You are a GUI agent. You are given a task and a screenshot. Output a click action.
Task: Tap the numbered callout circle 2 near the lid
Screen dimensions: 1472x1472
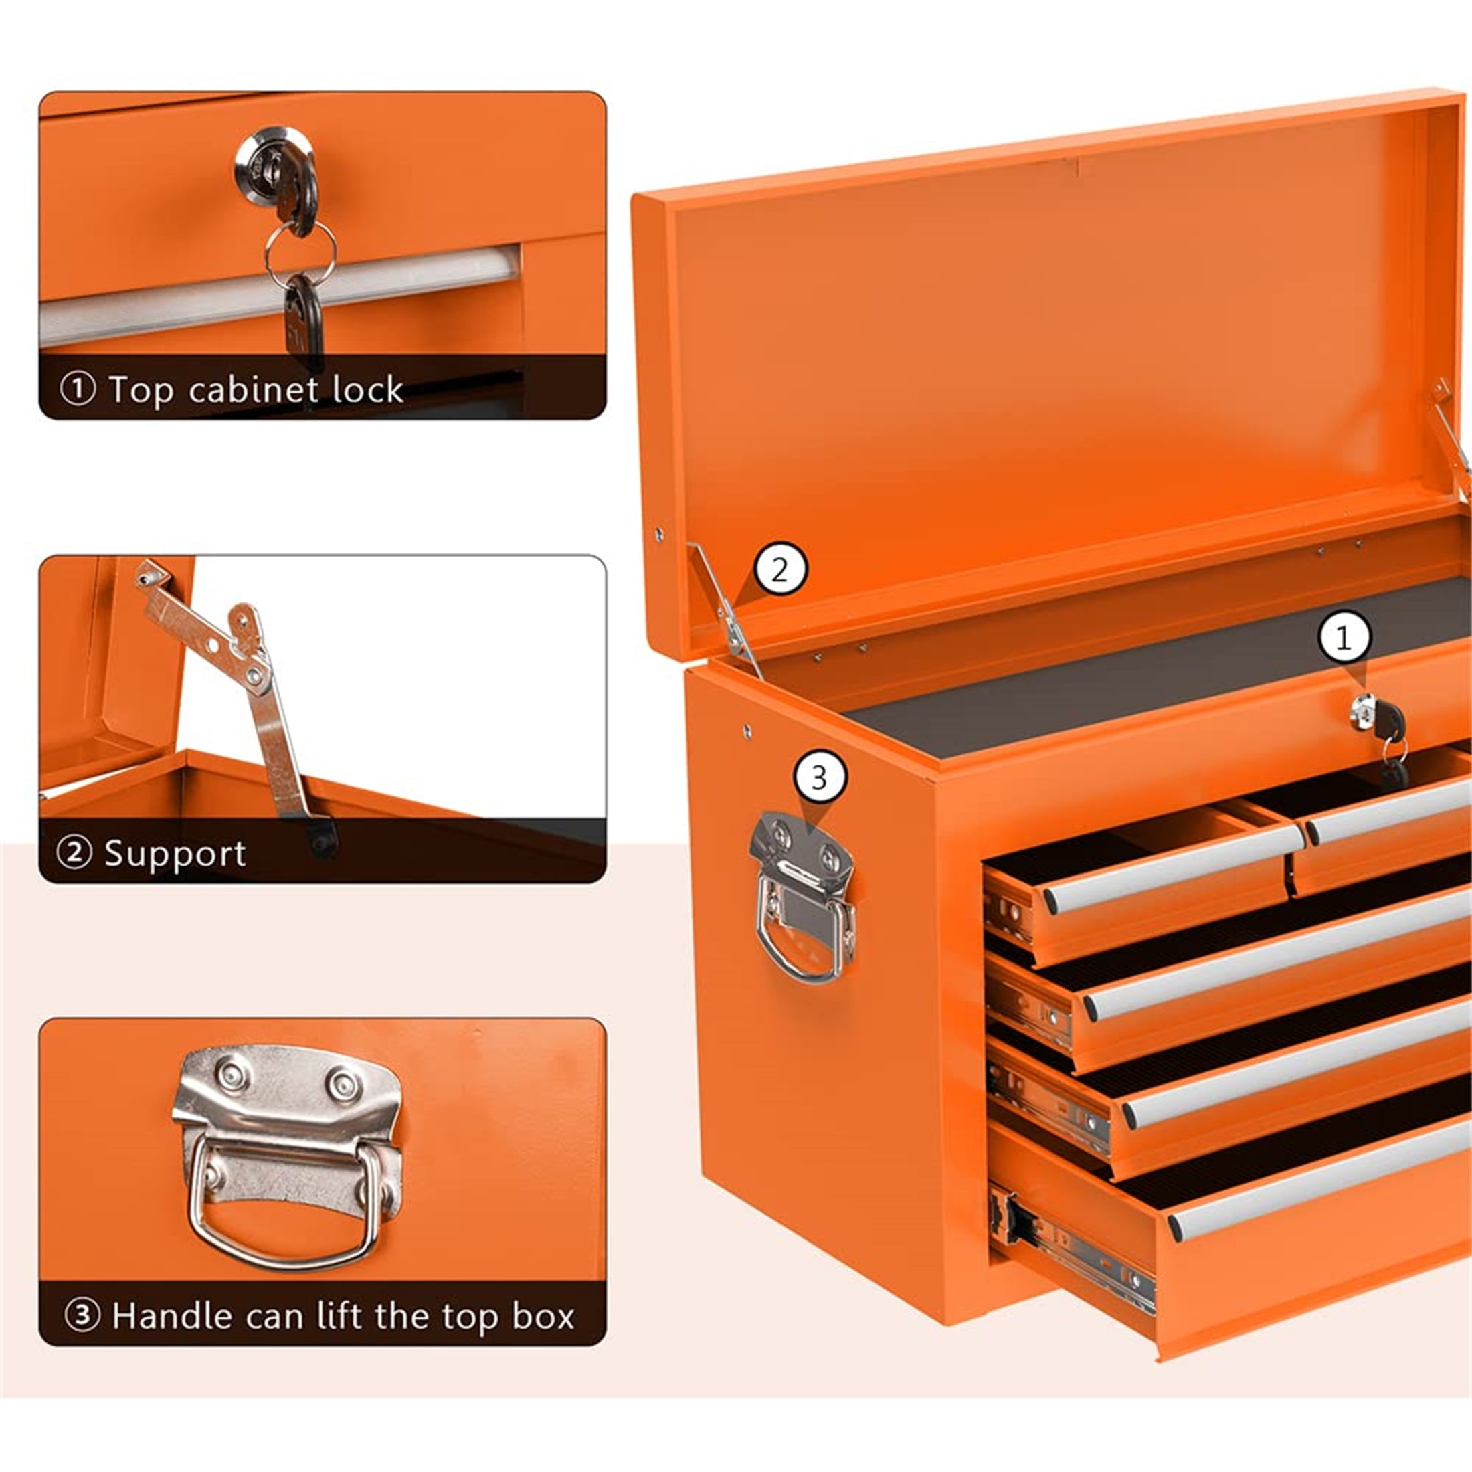click(779, 571)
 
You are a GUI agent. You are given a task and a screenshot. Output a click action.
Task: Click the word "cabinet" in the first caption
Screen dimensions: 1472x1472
click(253, 390)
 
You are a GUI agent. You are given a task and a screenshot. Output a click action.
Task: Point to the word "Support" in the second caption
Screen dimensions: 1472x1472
click(175, 853)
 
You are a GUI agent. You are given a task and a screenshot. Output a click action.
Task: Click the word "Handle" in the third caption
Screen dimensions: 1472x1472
click(172, 1316)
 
